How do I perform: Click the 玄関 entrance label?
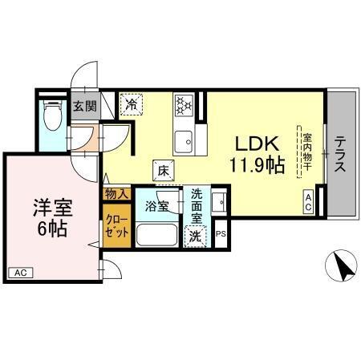tap(84, 106)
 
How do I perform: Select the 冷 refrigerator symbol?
tap(130, 103)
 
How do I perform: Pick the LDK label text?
tap(256, 144)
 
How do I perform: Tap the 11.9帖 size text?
tap(256, 165)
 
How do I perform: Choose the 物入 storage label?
tap(116, 193)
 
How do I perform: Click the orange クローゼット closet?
tap(116, 227)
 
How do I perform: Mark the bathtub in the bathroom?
tap(157, 235)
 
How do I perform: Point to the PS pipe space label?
tap(221, 235)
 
